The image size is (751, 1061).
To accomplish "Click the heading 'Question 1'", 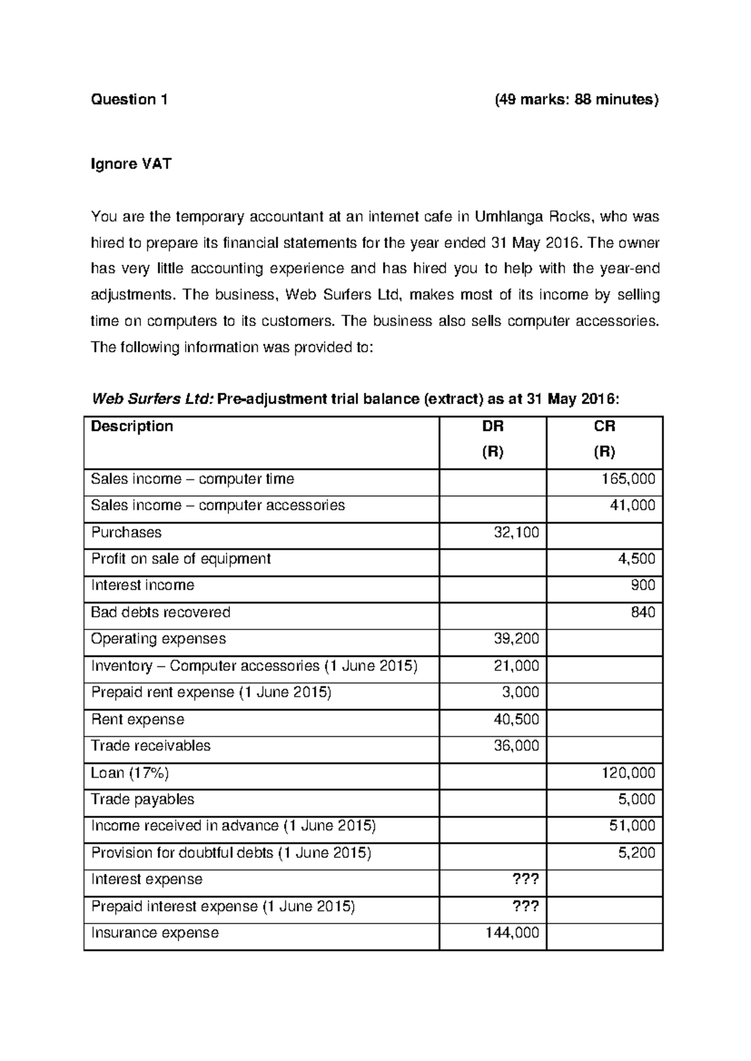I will (130, 99).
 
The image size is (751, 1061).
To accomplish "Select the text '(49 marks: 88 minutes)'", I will (576, 99).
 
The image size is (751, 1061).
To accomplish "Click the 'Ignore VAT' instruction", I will (131, 165).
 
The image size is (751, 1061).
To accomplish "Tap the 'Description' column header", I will (132, 427).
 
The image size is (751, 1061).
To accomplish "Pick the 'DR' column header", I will (493, 427).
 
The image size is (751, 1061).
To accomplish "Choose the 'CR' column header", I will (605, 427).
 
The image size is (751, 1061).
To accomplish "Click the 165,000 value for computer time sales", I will (628, 479).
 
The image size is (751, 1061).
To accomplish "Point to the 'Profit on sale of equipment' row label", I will (181, 559).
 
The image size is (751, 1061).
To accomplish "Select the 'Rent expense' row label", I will (138, 719).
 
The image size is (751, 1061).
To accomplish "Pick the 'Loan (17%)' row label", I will (130, 773).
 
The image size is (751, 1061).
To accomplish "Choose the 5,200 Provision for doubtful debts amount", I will (637, 853).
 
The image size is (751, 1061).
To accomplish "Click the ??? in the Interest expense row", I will (526, 880).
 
